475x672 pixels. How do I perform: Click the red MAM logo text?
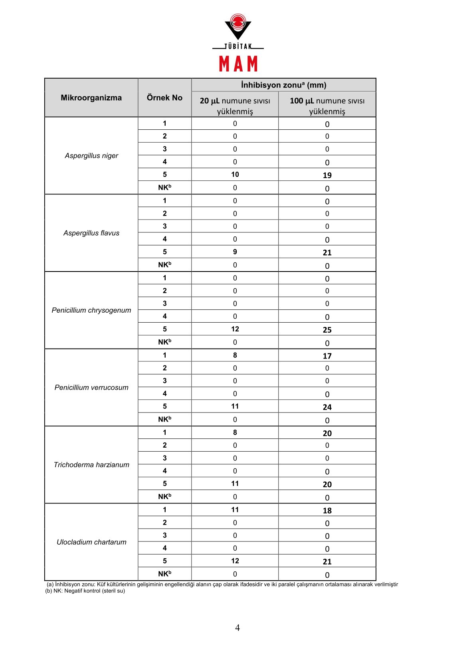(x=238, y=64)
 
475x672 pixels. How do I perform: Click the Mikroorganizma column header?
(x=91, y=98)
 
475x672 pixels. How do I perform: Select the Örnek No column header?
(x=164, y=98)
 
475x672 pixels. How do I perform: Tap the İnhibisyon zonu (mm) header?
(x=283, y=85)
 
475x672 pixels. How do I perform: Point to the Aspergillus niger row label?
(x=91, y=156)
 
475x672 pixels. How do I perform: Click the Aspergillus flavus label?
(x=91, y=233)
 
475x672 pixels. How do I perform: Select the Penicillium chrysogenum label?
(x=91, y=310)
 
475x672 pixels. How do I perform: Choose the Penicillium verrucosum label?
(x=91, y=388)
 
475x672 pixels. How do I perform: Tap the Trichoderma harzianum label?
(x=91, y=465)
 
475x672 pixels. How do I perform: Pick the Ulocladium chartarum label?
(x=91, y=542)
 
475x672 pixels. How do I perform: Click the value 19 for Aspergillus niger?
(x=327, y=175)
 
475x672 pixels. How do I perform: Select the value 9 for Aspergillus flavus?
(x=235, y=252)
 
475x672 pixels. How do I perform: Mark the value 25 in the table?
(x=327, y=330)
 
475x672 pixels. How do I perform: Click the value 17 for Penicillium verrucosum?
(x=327, y=356)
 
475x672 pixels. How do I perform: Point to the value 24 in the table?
(x=327, y=407)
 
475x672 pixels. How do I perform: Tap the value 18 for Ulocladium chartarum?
(x=327, y=511)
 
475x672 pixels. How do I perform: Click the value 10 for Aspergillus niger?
(x=235, y=174)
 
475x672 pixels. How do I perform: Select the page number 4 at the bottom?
(x=238, y=628)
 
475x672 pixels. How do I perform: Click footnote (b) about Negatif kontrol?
(x=85, y=591)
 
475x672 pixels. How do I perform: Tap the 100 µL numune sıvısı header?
(x=327, y=106)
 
